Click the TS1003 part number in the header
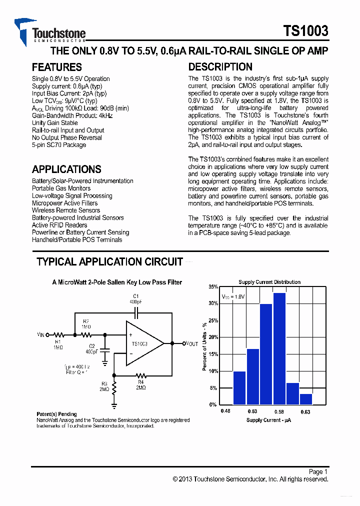tap(306, 31)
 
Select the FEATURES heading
tap(56, 67)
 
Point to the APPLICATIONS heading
tap(66, 169)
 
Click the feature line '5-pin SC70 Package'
tap(58, 145)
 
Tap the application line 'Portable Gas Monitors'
tap(61, 188)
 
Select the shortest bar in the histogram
tap(306, 398)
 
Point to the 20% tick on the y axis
tap(213, 337)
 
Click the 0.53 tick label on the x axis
tap(252, 411)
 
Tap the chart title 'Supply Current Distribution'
tap(269, 282)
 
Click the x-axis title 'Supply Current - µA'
tap(269, 420)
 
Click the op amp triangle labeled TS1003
tap(142, 343)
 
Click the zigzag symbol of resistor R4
tap(141, 374)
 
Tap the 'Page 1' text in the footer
tap(318, 471)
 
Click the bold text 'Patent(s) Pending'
tap(57, 414)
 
